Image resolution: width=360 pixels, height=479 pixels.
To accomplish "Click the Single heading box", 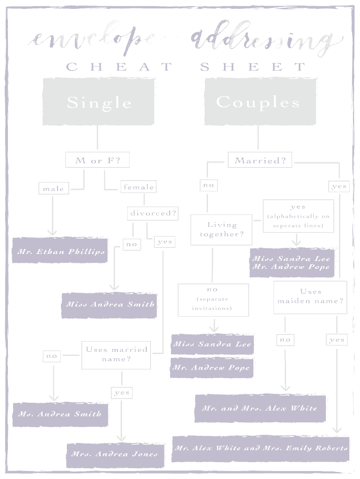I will click(99, 102).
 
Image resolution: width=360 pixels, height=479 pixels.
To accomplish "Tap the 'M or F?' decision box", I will click(97, 160).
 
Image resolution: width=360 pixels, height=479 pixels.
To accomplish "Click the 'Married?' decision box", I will click(260, 160).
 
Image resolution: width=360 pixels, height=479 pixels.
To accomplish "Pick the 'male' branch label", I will click(53, 189).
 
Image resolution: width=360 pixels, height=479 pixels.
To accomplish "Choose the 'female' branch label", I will click(138, 187).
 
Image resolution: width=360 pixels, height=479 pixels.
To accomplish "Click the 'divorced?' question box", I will click(153, 213).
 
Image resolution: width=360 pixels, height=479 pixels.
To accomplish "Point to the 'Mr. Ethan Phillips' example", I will click(60, 251).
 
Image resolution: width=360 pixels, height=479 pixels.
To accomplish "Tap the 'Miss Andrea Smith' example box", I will click(109, 304).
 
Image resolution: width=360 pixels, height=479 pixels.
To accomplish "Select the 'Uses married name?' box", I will click(116, 354).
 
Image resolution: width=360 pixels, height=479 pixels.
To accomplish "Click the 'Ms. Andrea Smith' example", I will click(60, 414).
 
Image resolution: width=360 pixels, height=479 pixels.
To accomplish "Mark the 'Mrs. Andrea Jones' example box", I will click(115, 454).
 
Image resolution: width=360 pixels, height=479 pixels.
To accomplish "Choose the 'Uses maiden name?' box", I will click(310, 297).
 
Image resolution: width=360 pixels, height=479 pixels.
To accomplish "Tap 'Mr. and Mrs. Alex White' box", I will click(260, 408).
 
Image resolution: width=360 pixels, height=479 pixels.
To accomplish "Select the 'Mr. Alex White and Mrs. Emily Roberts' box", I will click(261, 448).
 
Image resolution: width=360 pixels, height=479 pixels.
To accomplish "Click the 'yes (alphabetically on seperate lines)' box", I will click(298, 216).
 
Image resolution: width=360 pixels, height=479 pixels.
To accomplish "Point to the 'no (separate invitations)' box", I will click(213, 299).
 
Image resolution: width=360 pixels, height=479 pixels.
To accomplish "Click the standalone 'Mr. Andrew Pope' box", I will click(212, 368).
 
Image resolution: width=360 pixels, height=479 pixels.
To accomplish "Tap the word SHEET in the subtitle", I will click(253, 67).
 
